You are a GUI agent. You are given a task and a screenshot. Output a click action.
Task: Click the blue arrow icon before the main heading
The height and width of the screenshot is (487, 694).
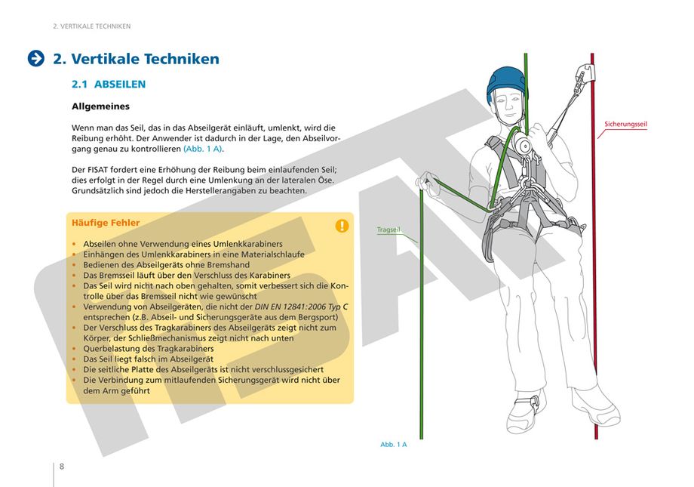tap(35, 59)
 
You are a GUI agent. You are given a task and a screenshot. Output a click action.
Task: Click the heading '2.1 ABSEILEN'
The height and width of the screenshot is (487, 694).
tap(109, 85)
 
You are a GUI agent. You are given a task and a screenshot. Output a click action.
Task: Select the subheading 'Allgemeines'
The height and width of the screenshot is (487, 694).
tap(100, 107)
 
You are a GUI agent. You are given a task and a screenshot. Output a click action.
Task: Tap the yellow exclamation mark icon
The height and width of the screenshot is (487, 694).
tap(342, 225)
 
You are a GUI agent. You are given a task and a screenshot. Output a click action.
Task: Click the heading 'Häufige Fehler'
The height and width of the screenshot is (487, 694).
tap(105, 223)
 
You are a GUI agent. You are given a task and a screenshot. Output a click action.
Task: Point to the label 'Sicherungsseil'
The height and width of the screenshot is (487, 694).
tap(625, 124)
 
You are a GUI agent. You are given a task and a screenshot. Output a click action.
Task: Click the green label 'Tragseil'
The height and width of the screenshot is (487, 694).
tap(388, 230)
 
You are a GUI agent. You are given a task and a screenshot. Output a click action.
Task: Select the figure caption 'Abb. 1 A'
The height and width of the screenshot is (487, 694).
tap(393, 445)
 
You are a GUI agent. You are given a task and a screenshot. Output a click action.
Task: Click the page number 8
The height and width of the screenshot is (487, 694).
tap(62, 466)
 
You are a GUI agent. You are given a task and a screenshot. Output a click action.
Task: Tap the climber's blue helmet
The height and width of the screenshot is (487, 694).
tap(505, 82)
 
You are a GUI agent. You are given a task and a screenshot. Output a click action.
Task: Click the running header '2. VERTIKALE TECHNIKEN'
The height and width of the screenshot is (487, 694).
tap(92, 26)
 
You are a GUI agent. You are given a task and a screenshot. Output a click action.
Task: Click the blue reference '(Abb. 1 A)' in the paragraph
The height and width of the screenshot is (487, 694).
tap(203, 149)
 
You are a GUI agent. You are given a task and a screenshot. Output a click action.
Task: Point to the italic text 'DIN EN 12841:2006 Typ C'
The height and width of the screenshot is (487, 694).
tap(299, 307)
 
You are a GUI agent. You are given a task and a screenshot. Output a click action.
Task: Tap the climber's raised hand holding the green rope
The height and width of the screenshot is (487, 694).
tap(428, 180)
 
